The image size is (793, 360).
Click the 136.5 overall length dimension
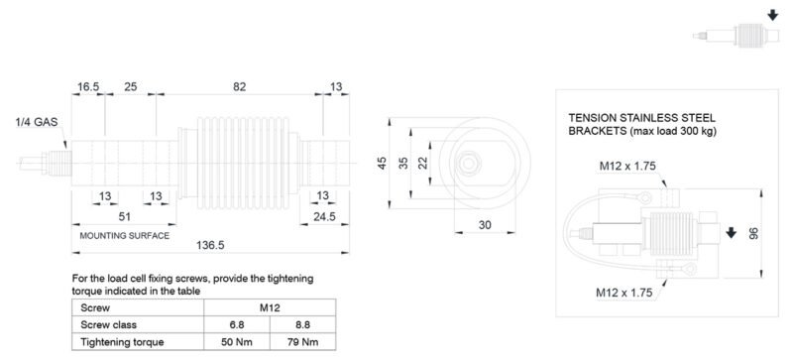coord(210,245)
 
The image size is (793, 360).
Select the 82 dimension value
coord(240,86)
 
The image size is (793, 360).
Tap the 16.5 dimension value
coord(88,86)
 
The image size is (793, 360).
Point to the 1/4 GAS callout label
coord(37,122)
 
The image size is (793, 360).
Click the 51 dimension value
coord(125,217)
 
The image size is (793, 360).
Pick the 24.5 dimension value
coord(324,217)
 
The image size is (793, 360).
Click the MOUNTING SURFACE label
coord(125,236)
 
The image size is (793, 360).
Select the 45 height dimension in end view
coord(383,163)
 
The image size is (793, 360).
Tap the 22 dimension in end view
coord(423,163)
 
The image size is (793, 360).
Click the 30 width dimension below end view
coord(485,225)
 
